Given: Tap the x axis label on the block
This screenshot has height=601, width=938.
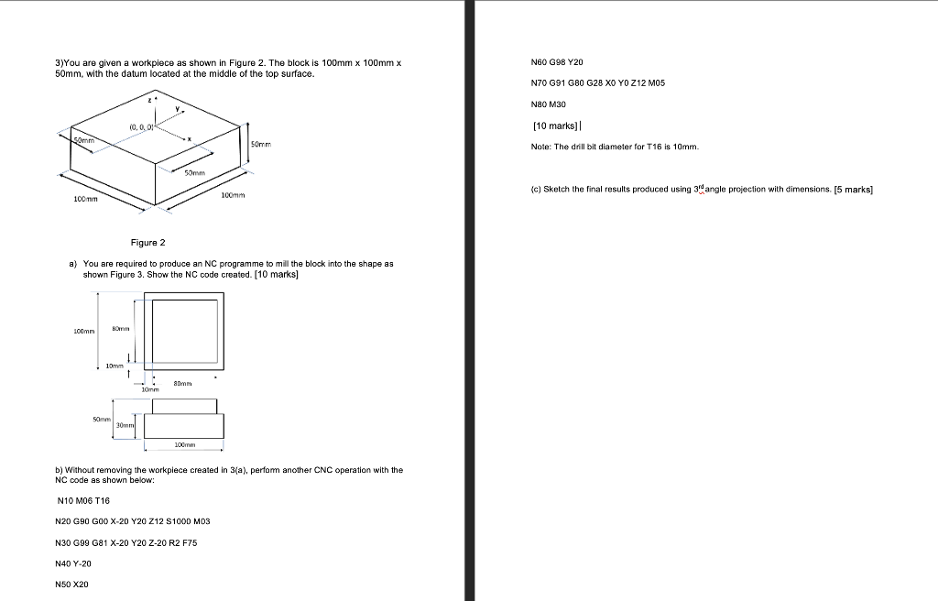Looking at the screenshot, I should (x=189, y=139).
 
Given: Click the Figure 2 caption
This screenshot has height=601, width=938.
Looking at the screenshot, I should (x=148, y=243).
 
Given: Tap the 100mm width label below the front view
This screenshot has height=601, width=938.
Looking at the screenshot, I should (x=183, y=444).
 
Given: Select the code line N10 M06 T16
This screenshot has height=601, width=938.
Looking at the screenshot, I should (x=82, y=500).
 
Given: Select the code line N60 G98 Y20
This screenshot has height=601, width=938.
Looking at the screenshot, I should (x=557, y=62).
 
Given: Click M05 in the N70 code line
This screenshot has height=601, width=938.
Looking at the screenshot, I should (x=656, y=83).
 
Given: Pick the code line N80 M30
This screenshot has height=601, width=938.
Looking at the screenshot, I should (x=549, y=104).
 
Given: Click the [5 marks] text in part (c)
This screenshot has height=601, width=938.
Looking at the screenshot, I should (x=853, y=190).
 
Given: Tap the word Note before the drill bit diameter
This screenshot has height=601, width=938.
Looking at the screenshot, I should (x=540, y=147).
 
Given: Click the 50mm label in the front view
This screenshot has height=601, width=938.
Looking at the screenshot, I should (x=102, y=419).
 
